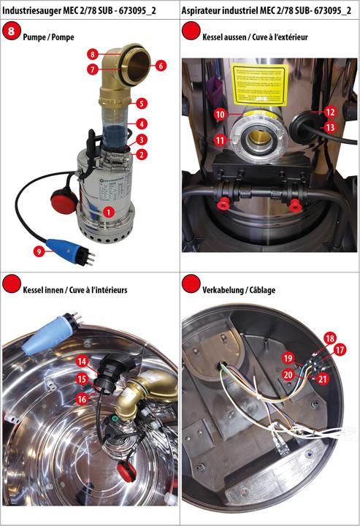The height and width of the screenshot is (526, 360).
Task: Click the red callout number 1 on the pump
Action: pos(108,211)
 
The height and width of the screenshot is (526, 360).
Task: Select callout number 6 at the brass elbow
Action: pos(160,65)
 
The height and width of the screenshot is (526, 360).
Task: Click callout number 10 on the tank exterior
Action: pos(219,115)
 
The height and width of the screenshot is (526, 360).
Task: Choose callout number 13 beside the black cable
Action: pos(330,126)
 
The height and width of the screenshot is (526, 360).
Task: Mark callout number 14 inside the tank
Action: pos(83,361)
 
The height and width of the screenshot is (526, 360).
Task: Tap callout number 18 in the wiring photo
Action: pos(329,339)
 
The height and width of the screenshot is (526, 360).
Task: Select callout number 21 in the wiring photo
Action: pos(323,378)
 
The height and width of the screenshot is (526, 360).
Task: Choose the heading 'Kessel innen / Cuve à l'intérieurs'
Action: pos(74,289)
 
